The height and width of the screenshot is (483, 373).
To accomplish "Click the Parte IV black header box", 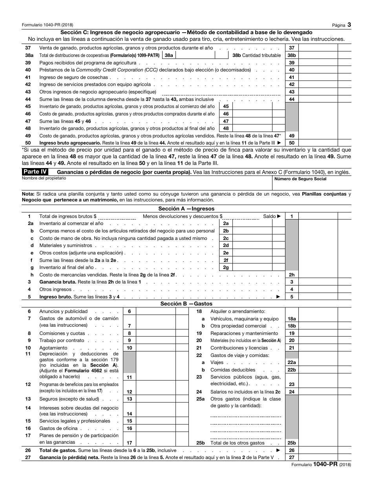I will pos(36,172).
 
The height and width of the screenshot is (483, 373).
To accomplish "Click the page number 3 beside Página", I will pos(349,25).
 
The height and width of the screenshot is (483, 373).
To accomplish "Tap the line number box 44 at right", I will pos(291,99).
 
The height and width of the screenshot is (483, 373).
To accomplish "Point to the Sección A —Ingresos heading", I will pos(186,209).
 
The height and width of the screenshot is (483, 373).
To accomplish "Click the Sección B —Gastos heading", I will pos(186,304).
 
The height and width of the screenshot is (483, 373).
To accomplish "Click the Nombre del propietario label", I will pos(44,178).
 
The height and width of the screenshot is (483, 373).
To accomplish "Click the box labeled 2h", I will pos(291,275).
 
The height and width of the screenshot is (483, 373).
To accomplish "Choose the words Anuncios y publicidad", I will pos(63,311).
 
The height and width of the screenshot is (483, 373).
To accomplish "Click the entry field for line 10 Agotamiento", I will pos(155,348).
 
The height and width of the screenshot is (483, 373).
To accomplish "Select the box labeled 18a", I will pos(291,319).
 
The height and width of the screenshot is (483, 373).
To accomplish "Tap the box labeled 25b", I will pos(291,443).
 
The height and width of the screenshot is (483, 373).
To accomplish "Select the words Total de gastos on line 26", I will pos(58,450).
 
